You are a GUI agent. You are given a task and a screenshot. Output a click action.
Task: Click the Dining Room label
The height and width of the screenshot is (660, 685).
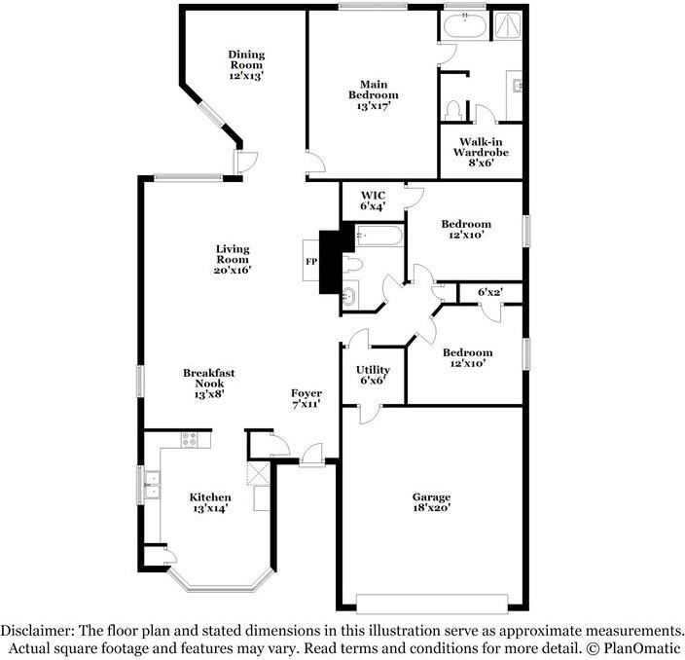(246, 64)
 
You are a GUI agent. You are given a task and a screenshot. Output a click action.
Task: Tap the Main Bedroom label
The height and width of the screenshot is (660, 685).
(374, 94)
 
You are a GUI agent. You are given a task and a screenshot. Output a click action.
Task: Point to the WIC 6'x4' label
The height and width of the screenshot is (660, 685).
(374, 201)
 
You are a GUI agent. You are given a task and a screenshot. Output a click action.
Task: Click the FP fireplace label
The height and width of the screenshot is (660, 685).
(311, 263)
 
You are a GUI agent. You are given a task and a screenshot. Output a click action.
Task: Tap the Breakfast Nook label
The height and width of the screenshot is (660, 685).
(209, 384)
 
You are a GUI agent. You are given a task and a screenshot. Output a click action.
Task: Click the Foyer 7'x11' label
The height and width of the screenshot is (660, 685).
(306, 398)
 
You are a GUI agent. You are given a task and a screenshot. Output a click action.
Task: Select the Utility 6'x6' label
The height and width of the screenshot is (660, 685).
(373, 376)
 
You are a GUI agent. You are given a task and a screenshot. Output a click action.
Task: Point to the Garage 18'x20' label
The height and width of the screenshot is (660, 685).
(433, 502)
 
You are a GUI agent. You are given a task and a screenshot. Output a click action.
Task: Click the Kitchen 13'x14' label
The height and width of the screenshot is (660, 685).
(210, 503)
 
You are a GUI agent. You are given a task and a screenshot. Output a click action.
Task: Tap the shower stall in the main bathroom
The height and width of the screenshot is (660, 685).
(508, 23)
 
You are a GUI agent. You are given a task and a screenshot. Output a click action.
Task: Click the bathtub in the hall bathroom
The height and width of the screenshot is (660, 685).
(377, 235)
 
